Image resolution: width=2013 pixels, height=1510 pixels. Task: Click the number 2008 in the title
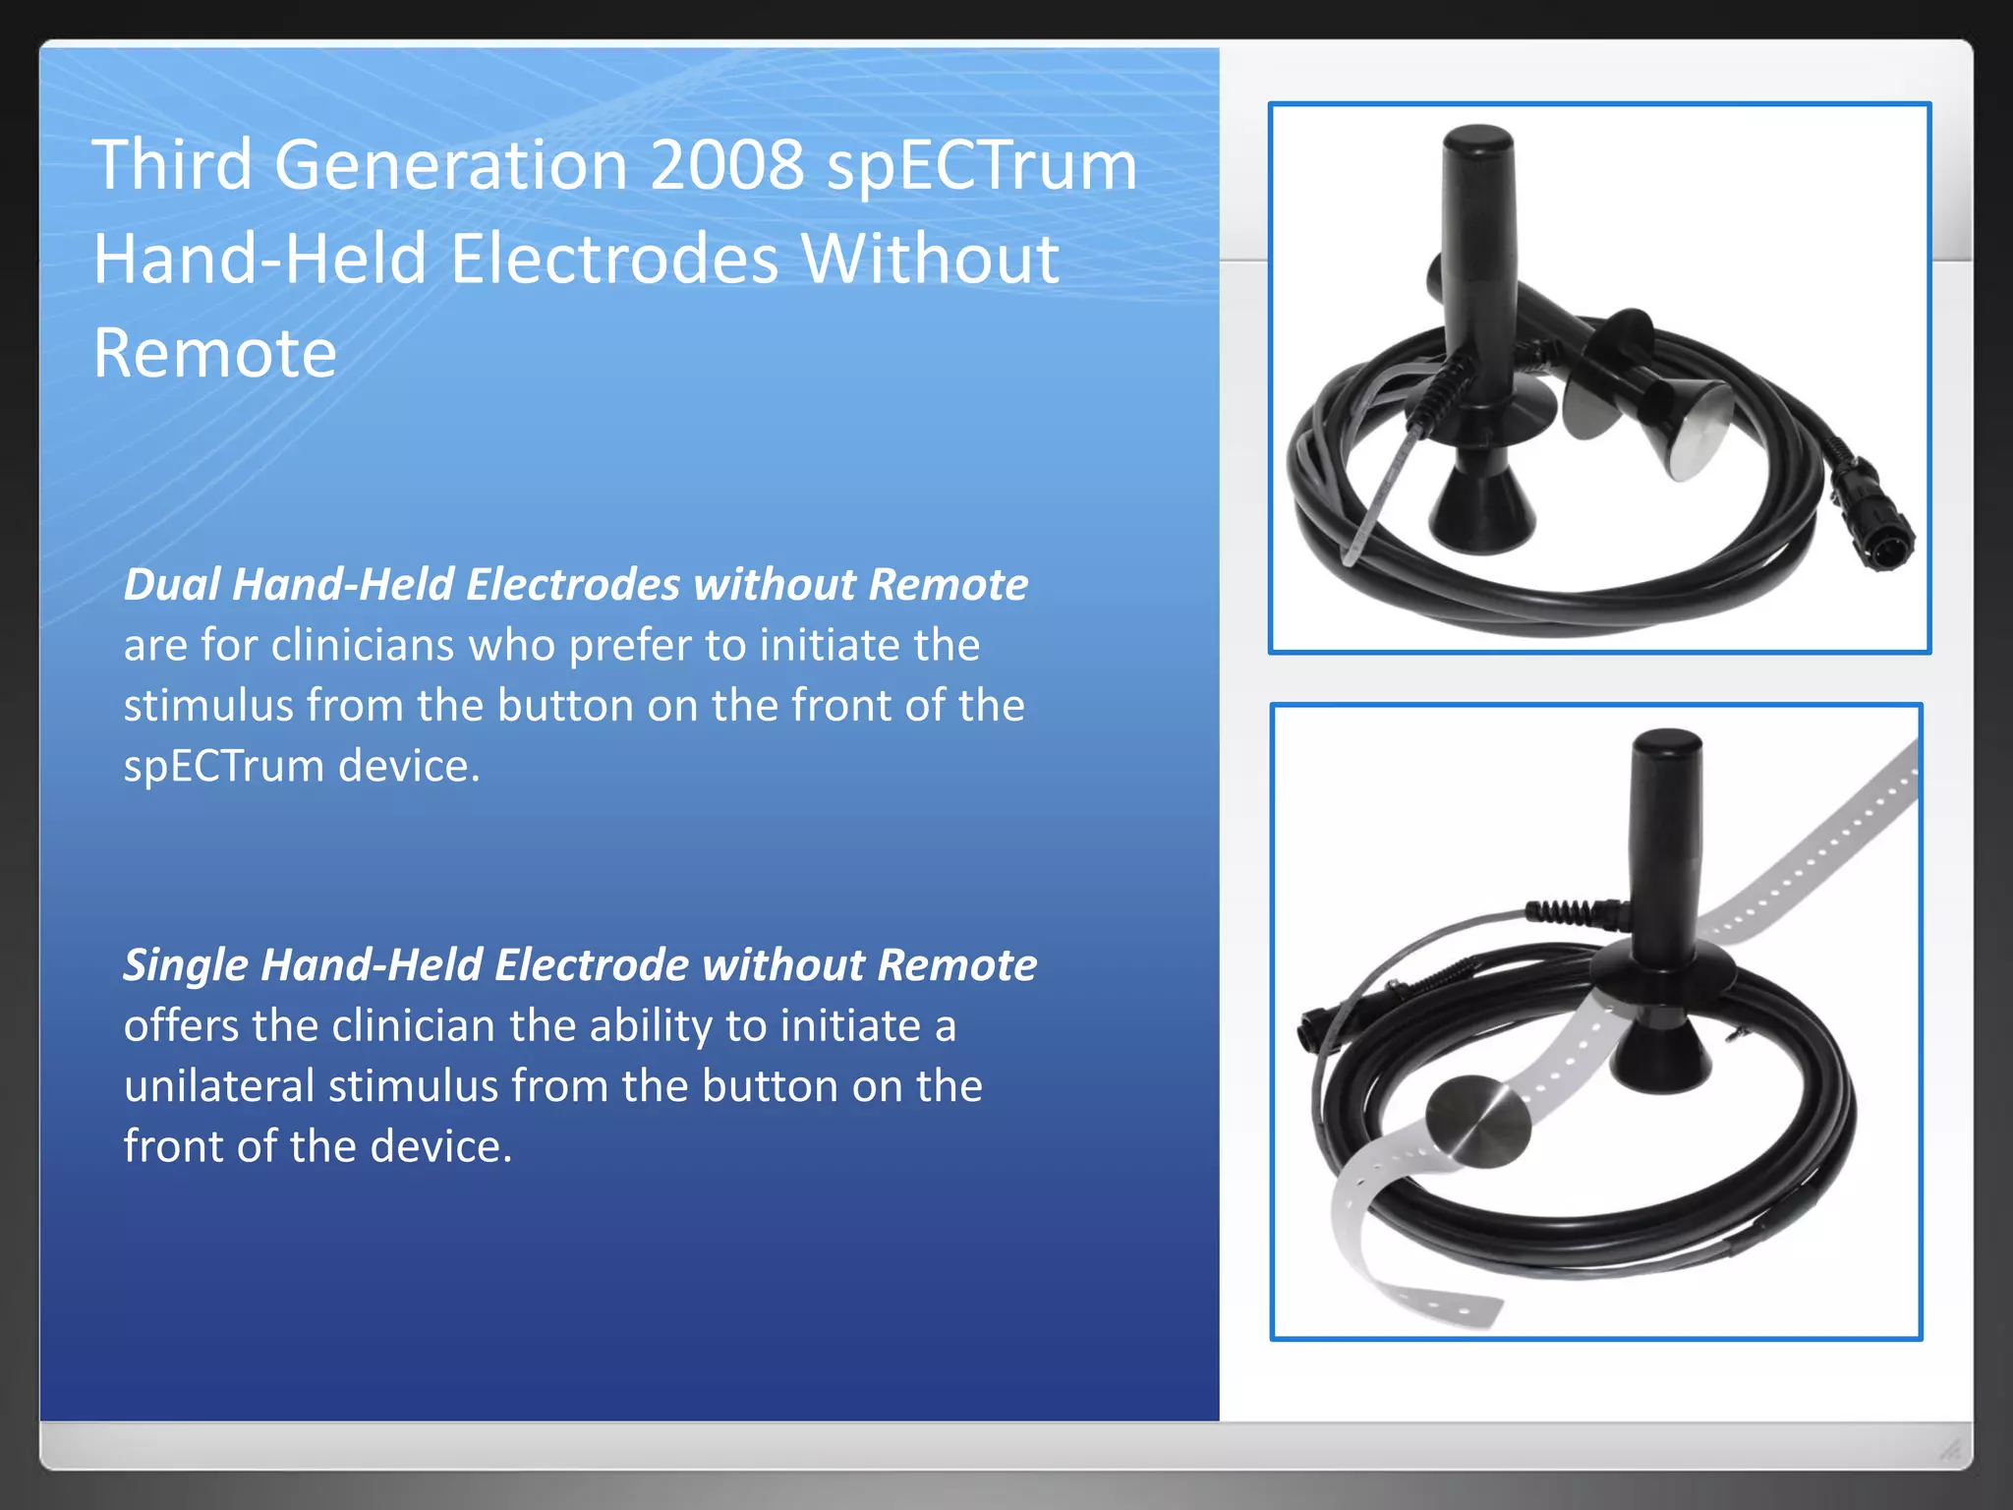click(726, 164)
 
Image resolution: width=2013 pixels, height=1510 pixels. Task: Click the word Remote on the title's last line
click(215, 353)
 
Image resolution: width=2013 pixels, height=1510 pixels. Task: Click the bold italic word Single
click(185, 964)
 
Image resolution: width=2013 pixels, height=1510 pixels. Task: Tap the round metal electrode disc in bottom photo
click(1477, 1121)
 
